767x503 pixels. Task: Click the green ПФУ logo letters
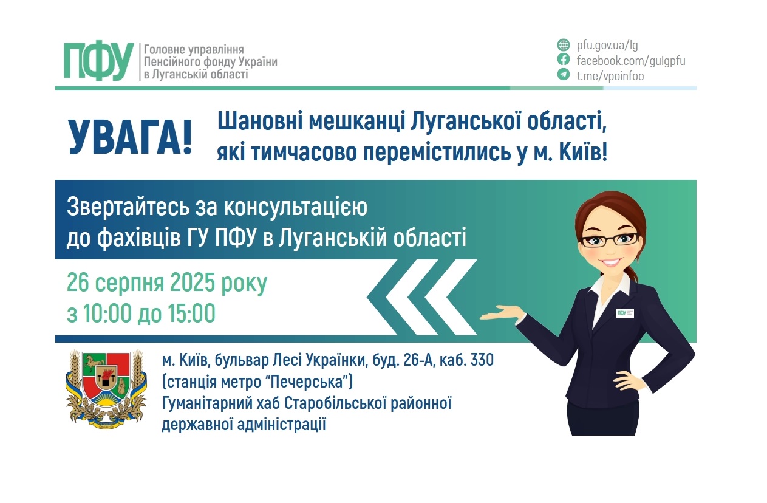pyautogui.click(x=98, y=61)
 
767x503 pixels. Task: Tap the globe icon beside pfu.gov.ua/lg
pyautogui.click(x=564, y=45)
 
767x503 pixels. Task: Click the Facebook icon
pyautogui.click(x=564, y=60)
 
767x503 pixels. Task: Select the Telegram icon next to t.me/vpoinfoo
pyautogui.click(x=564, y=75)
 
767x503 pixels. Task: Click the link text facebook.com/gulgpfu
pyautogui.click(x=630, y=60)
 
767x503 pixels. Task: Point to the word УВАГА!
pyautogui.click(x=129, y=137)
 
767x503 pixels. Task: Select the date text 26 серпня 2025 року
pyautogui.click(x=167, y=284)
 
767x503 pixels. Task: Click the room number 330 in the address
pyautogui.click(x=482, y=360)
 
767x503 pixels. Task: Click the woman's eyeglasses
pyautogui.click(x=609, y=239)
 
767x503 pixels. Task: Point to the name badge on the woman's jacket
pyautogui.click(x=625, y=313)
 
